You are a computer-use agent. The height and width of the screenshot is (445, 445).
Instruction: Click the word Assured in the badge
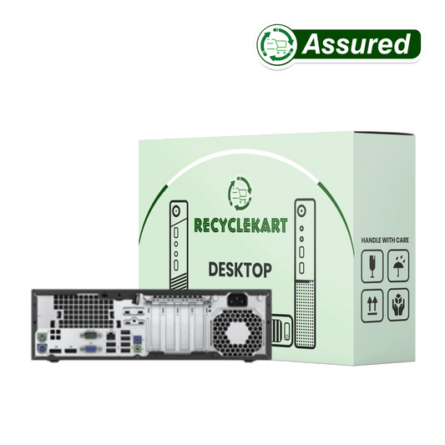click(x=357, y=44)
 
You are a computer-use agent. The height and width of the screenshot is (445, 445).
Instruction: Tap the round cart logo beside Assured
click(x=277, y=44)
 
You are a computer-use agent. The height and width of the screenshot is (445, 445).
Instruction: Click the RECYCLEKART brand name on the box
click(x=240, y=225)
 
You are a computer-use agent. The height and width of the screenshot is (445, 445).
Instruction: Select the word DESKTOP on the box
click(x=240, y=270)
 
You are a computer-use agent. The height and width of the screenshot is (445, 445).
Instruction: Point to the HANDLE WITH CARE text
click(x=385, y=240)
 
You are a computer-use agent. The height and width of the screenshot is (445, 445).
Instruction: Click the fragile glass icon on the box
click(x=372, y=266)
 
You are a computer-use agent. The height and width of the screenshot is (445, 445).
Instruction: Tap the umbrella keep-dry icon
click(x=398, y=265)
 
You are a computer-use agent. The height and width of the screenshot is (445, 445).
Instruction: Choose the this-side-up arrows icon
click(x=372, y=306)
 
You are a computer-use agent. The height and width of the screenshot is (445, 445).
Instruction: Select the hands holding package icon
click(x=398, y=305)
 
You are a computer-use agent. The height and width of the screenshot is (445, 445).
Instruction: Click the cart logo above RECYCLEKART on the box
click(x=240, y=194)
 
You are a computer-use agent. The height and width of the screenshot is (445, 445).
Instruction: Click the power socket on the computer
click(x=238, y=300)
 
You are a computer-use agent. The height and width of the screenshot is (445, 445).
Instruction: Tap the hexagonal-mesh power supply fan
click(x=238, y=332)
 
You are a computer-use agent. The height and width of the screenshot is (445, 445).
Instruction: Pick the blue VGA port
click(x=90, y=349)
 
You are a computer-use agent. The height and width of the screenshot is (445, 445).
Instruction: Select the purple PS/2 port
click(x=42, y=348)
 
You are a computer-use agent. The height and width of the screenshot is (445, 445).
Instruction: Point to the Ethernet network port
click(x=111, y=336)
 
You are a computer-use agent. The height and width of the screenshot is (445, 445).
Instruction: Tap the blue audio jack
click(x=138, y=339)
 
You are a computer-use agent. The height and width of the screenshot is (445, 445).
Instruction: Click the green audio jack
click(x=138, y=349)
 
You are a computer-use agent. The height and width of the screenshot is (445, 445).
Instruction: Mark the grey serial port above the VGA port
click(x=90, y=336)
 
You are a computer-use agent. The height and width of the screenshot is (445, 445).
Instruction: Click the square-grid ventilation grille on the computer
click(x=83, y=311)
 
